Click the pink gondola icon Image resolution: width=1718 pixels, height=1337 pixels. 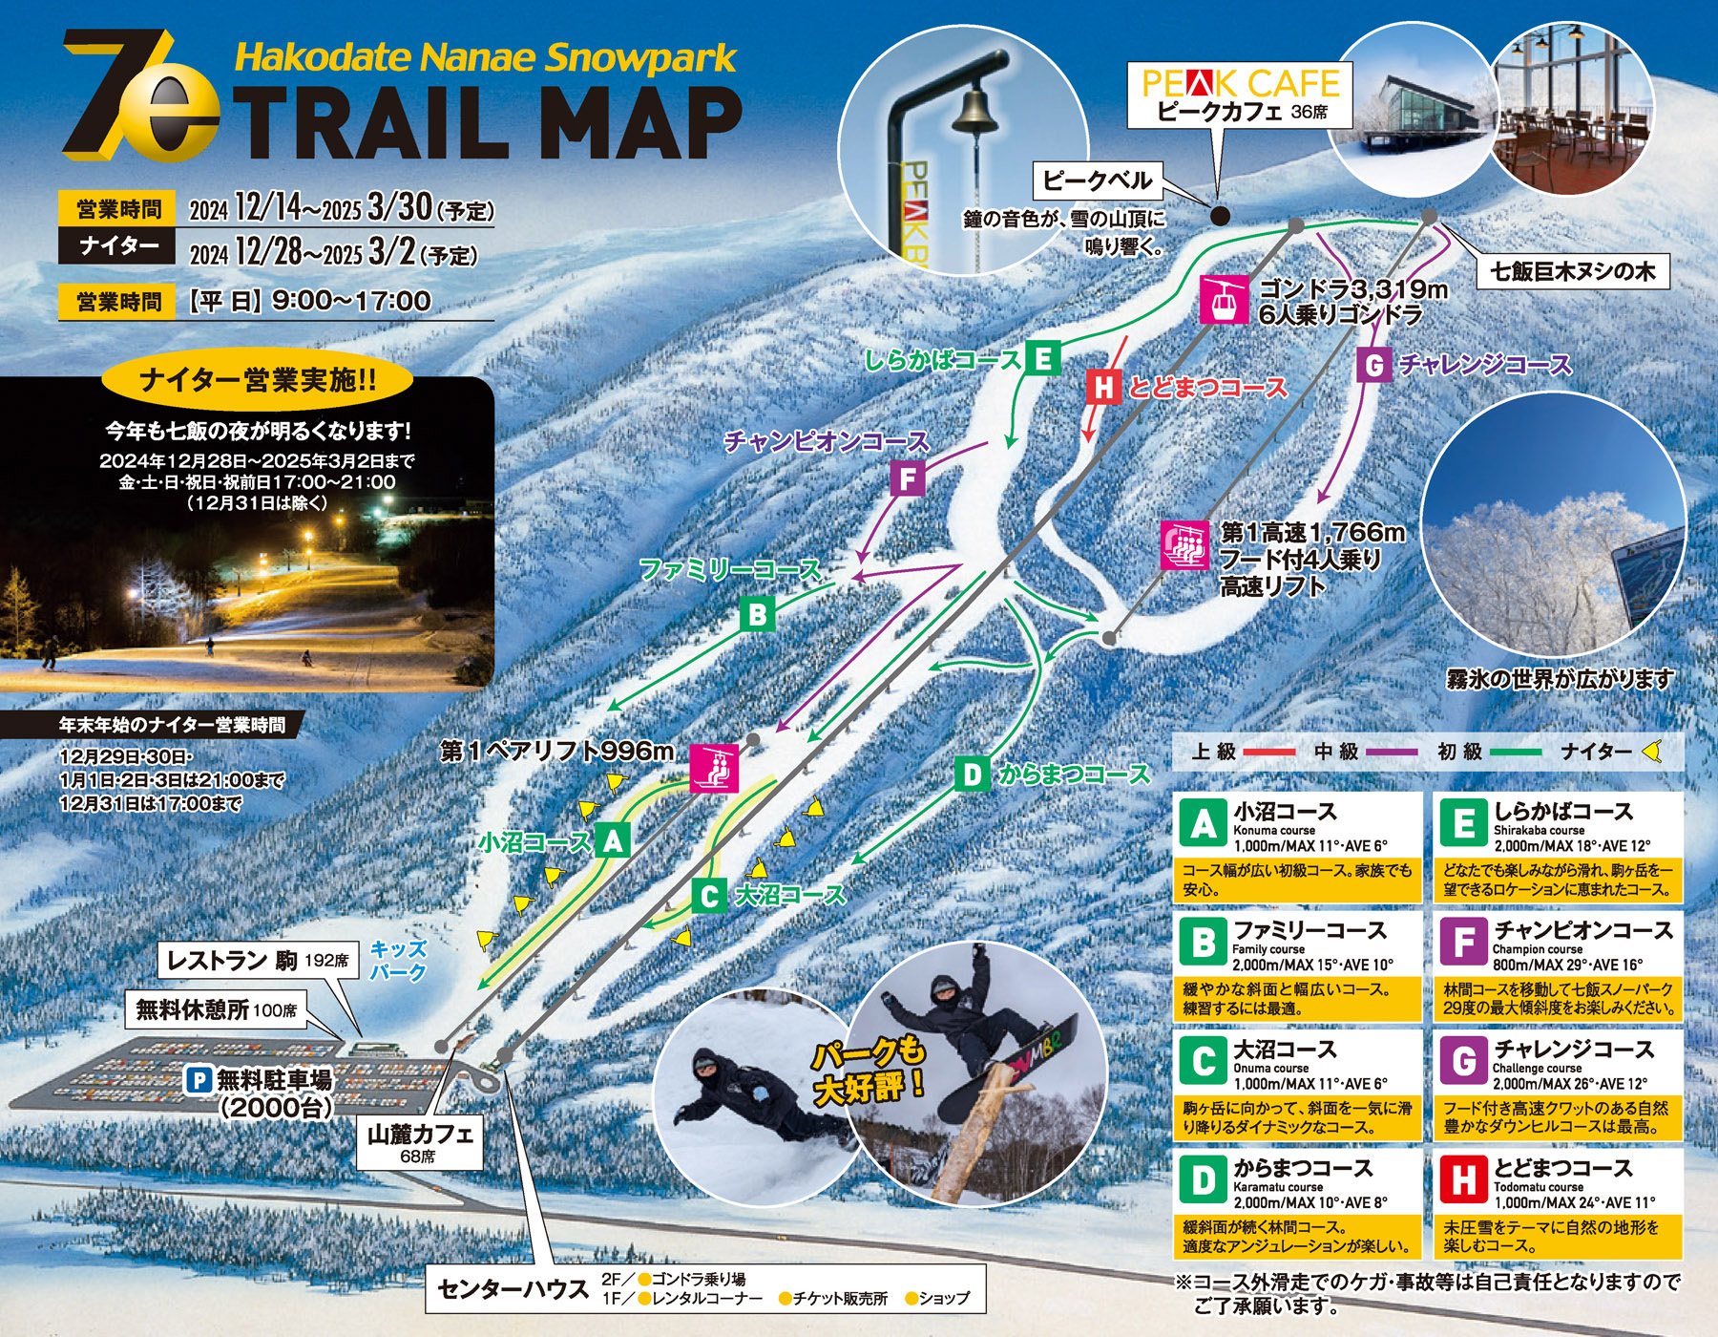1224,299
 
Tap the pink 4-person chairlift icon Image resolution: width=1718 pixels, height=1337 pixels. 1185,545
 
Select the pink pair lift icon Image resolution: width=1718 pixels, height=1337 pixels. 714,768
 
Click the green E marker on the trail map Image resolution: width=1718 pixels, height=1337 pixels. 1043,359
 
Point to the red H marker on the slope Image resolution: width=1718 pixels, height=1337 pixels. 1103,387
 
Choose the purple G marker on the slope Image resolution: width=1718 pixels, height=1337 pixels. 1373,365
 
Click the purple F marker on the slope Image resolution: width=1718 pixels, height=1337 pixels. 907,477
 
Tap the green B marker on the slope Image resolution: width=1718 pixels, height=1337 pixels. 757,614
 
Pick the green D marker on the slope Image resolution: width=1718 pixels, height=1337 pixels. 971,775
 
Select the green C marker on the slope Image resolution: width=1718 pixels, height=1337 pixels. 708,896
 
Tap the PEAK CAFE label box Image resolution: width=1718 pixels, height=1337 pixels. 1241,95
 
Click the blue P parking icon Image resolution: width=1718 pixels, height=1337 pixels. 199,1080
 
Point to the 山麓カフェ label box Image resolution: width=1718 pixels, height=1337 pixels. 420,1142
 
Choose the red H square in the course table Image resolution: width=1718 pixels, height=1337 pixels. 1464,1179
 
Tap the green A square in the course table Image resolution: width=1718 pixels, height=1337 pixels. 1204,822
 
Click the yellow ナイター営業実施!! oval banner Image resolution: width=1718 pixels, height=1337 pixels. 258,380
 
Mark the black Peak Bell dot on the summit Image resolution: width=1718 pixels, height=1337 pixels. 1220,216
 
